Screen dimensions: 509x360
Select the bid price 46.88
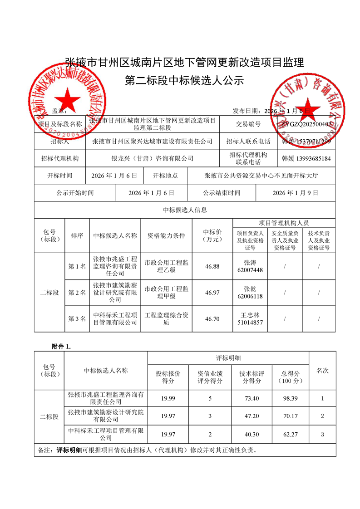point(212,266)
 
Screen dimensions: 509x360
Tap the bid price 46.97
point(212,293)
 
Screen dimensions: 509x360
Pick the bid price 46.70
point(212,319)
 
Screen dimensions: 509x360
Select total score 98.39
point(290,398)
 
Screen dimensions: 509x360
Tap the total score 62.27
point(290,434)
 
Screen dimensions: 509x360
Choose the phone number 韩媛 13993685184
point(306,159)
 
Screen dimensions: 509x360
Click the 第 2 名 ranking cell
point(77,293)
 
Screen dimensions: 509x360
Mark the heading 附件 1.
point(61,346)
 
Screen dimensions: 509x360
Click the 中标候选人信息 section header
point(185,210)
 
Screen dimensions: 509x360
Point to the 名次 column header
point(322,371)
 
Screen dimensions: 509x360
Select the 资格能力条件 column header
point(166,235)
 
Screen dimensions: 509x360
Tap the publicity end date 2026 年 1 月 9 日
point(296,193)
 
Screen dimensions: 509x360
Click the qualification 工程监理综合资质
point(166,319)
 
